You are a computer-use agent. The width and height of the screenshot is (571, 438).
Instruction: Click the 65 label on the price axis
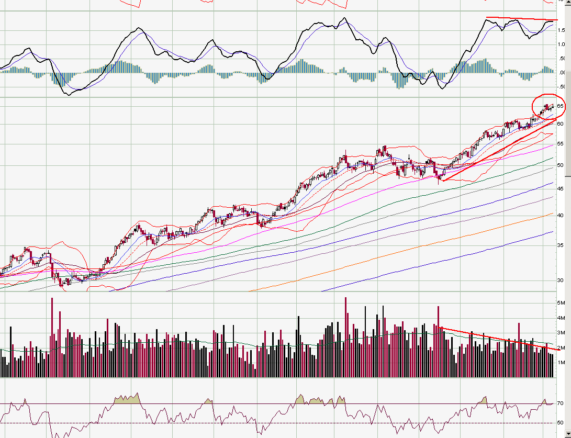coord(561,106)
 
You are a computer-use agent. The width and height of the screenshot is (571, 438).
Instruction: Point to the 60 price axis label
coord(561,124)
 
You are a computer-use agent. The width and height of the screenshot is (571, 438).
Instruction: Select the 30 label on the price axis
coord(561,280)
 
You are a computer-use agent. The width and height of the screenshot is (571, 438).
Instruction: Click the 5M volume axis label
coord(561,303)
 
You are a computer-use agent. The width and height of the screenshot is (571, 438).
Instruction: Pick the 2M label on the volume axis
coord(561,347)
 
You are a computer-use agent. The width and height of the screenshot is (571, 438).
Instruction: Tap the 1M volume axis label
coord(561,362)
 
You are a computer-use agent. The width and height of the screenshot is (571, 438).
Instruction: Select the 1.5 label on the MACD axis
coord(562,30)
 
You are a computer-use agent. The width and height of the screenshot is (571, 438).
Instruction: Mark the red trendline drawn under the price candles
coord(497,150)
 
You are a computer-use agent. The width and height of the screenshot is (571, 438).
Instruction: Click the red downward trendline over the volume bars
coord(497,338)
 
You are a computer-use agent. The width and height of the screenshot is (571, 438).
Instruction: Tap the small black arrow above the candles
coord(409,156)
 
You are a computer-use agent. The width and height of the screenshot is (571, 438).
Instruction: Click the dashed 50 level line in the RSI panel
coord(209,423)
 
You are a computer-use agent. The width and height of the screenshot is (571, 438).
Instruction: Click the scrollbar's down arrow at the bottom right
coord(568,434)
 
